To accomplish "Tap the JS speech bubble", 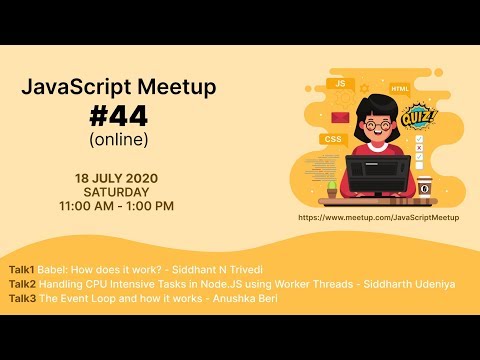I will [341, 84].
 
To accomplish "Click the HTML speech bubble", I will [399, 88].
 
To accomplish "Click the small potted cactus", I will [331, 187].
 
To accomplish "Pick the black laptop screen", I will [377, 173].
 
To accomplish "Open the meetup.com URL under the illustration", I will [379, 216].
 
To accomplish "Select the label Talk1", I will [21, 270].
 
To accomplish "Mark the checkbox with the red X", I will [419, 152].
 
